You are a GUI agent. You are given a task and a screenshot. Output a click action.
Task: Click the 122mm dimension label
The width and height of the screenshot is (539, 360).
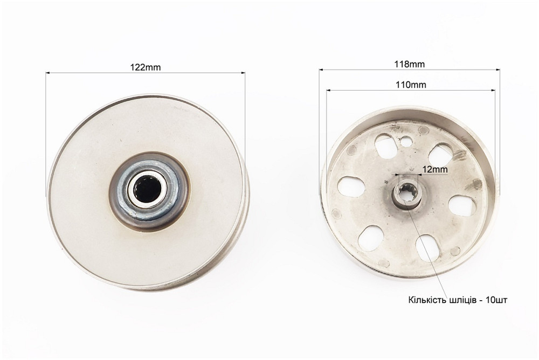146,67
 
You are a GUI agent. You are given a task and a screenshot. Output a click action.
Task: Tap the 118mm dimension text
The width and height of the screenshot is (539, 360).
409,64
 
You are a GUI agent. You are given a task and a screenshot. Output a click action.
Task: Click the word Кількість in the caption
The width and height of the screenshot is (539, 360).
427,300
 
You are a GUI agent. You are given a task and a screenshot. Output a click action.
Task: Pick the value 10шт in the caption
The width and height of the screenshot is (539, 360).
496,300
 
